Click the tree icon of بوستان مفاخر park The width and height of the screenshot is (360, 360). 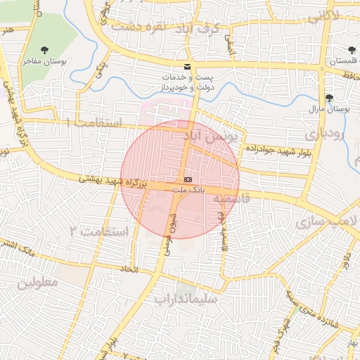click(x=46, y=50)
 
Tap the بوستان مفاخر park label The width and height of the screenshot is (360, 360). click(x=46, y=62)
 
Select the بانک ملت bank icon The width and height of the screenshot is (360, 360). click(x=186, y=180)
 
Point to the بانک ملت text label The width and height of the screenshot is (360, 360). click(x=187, y=190)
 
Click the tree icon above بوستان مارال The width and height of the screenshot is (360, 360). click(x=328, y=98)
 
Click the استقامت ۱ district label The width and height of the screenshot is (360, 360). click(x=94, y=123)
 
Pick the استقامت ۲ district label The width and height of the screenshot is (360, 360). click(x=99, y=231)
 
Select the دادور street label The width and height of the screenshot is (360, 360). click(x=345, y=262)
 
